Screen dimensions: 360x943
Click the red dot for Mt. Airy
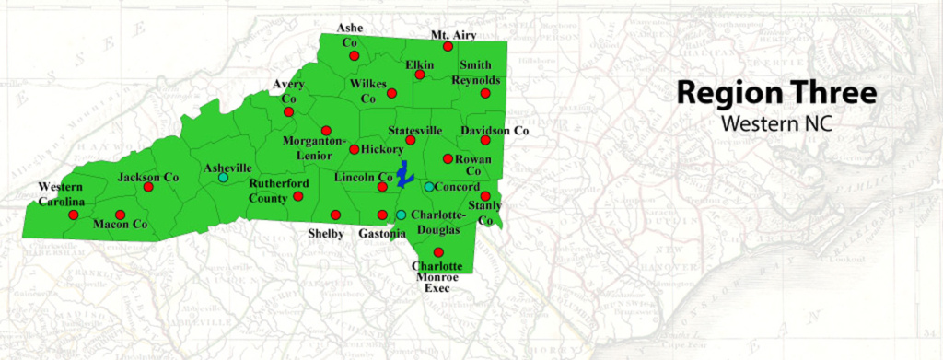pyautogui.click(x=448, y=46)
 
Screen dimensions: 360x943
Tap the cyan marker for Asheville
pyautogui.click(x=223, y=178)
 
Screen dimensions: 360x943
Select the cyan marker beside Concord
pyautogui.click(x=429, y=187)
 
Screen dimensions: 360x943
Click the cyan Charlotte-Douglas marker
pyautogui.click(x=401, y=215)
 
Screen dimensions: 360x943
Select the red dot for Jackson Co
pyautogui.click(x=148, y=187)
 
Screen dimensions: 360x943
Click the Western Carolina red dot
pyautogui.click(x=74, y=215)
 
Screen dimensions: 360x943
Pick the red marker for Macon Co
pyautogui.click(x=120, y=215)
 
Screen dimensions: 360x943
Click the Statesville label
pyautogui.click(x=416, y=130)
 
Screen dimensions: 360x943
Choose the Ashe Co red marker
pyautogui.click(x=354, y=56)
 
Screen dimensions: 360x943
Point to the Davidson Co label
pyautogui.click(x=495, y=131)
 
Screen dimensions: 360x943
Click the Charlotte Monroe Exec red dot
pyautogui.click(x=438, y=252)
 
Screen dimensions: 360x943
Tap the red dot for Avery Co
pyautogui.click(x=288, y=111)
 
